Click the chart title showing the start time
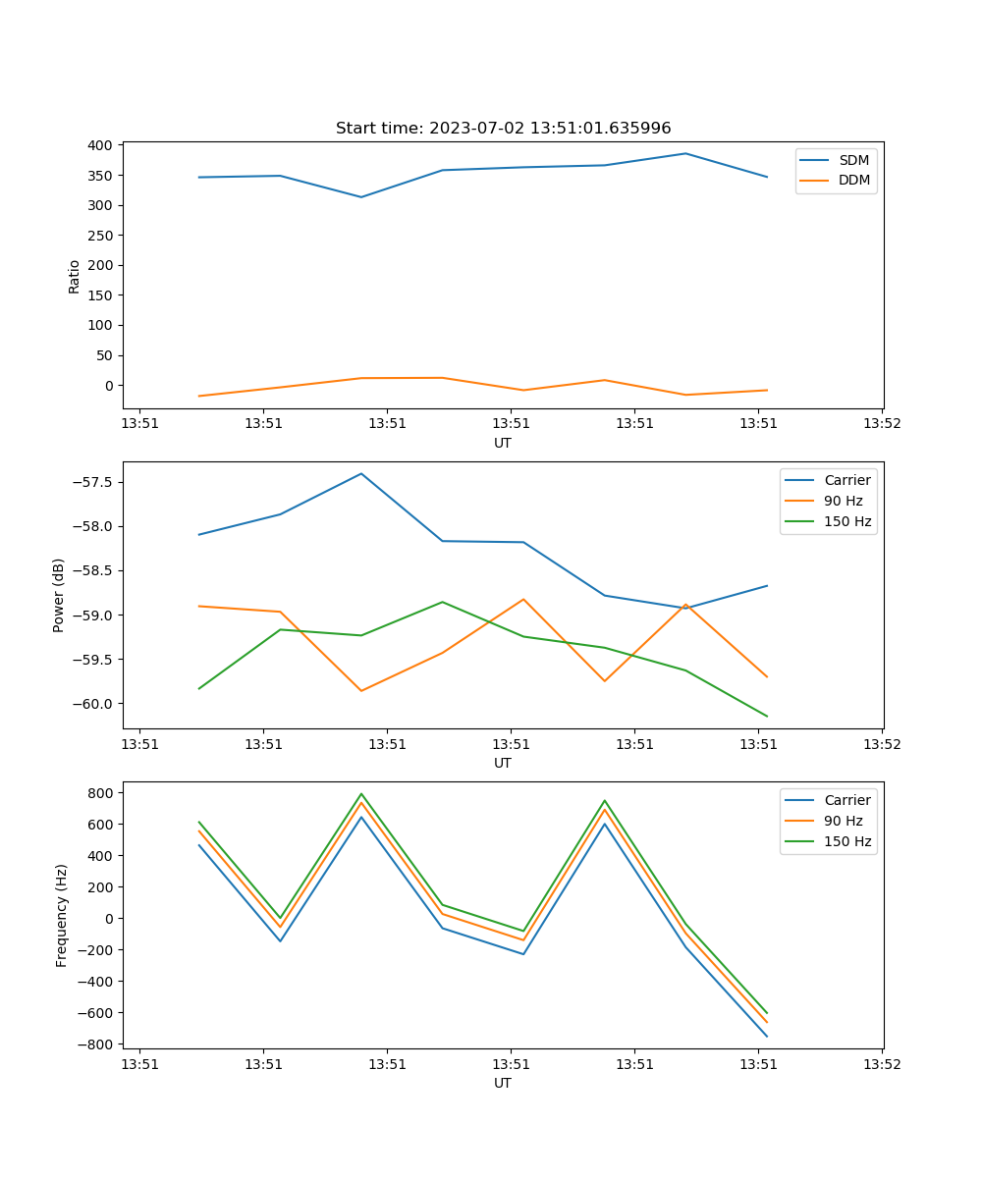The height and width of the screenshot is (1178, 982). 503,129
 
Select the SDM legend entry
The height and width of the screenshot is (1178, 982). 853,160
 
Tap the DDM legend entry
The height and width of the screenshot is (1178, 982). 853,180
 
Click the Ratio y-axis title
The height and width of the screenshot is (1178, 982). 75,276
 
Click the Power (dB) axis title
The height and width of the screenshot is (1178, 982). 59,595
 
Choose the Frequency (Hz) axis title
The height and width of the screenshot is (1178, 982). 61,915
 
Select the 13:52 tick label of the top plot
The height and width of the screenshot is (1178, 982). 881,424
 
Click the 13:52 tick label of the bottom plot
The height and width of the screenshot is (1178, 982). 881,1064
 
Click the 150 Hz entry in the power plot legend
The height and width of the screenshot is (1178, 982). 847,521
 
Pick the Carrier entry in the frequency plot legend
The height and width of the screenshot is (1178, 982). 846,800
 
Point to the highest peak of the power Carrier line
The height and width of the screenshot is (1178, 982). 361,473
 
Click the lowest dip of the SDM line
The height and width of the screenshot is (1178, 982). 361,197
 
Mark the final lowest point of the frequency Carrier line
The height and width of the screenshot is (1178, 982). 767,1037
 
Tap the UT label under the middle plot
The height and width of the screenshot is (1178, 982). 503,763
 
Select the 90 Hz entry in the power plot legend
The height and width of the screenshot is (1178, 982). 844,501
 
